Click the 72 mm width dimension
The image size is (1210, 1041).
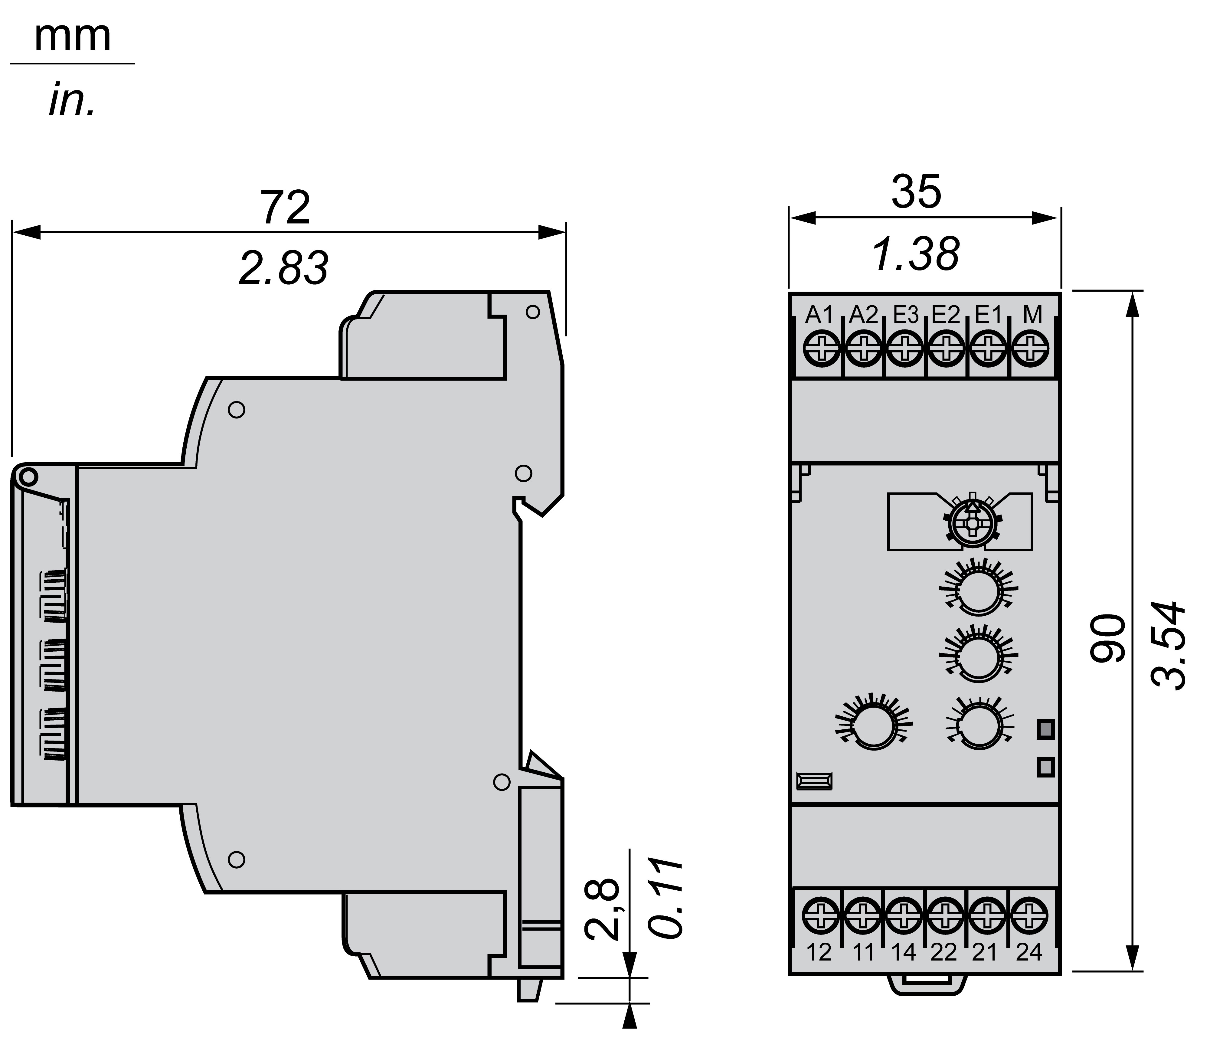pyautogui.click(x=286, y=207)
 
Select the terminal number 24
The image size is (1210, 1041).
pyautogui.click(x=1029, y=953)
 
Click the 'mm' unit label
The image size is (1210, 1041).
pyautogui.click(x=72, y=38)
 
